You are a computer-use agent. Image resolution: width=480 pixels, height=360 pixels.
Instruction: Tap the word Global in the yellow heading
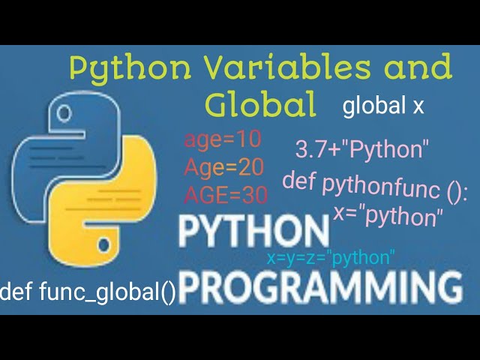(261, 106)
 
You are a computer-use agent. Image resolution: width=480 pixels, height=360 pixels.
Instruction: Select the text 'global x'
(383, 106)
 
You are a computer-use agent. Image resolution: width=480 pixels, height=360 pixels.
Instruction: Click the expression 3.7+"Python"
(361, 149)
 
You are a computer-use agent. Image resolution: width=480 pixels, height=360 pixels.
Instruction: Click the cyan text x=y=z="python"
(331, 259)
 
